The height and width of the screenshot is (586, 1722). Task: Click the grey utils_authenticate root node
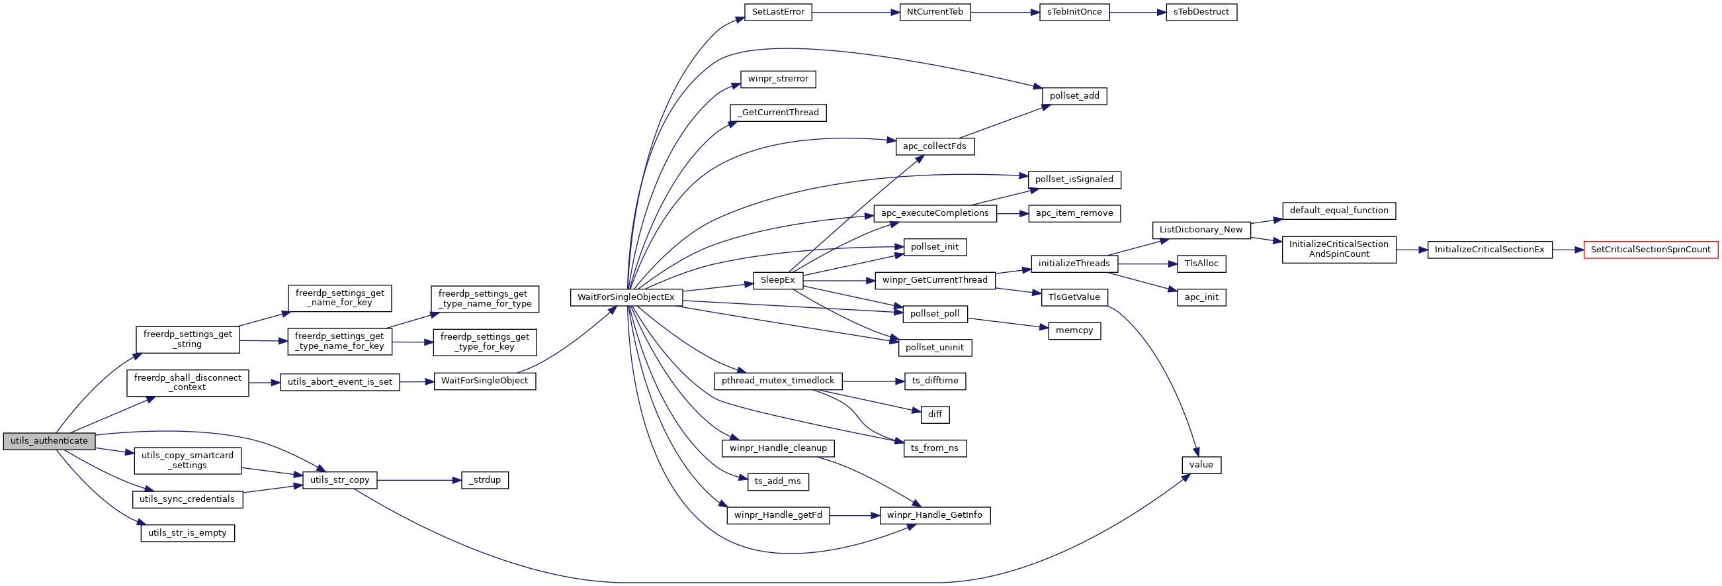coord(49,441)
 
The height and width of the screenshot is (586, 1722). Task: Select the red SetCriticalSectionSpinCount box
coord(1651,250)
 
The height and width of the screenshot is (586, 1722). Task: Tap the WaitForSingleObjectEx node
coord(626,297)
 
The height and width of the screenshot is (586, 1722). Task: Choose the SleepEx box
coord(777,280)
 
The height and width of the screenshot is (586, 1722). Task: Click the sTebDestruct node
coord(1201,12)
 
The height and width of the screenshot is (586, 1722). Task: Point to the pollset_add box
coord(1074,96)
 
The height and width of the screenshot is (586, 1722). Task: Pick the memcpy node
coord(1074,331)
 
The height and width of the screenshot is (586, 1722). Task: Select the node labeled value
coord(1201,465)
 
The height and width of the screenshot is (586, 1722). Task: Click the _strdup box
coord(485,480)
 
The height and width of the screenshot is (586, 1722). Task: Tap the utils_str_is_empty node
coord(187,533)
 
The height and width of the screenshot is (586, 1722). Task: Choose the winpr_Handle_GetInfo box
coord(935,515)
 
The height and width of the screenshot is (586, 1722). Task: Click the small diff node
coord(935,415)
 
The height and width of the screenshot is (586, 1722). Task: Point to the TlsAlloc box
coord(1201,264)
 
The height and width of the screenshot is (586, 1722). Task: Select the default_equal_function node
coord(1339,211)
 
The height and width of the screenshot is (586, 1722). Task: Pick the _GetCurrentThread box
coord(777,113)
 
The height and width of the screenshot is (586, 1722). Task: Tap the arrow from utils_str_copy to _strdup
coord(419,480)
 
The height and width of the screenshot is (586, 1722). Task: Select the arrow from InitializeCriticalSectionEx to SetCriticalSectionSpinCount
coord(1569,250)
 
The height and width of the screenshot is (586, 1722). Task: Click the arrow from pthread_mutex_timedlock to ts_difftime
coord(873,381)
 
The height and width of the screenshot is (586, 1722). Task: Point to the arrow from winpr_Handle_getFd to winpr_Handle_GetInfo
coord(855,516)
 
